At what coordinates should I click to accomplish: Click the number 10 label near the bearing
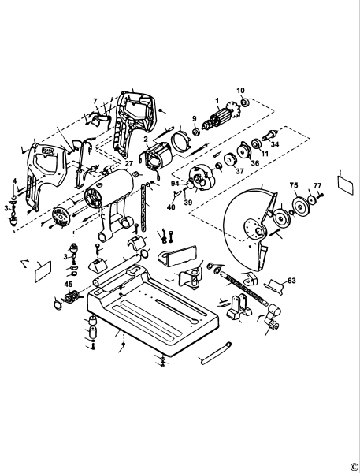pos(241,91)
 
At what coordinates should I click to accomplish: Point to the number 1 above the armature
pos(216,100)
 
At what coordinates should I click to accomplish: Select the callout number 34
pos(275,144)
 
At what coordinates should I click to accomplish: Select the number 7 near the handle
pos(95,101)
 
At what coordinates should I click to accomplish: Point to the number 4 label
pos(13,182)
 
